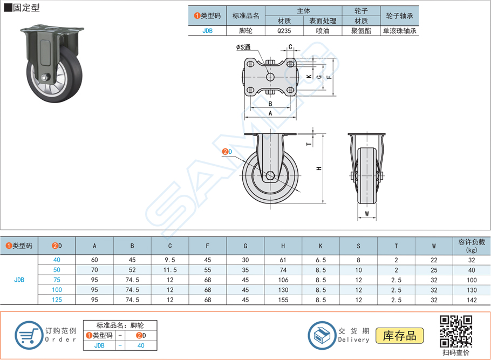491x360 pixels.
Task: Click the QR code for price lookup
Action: pyautogui.click(x=456, y=331)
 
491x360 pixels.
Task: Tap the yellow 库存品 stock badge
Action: pyautogui.click(x=400, y=336)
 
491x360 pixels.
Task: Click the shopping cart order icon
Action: pyautogui.click(x=29, y=335)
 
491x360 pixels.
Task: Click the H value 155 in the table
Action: pyautogui.click(x=283, y=300)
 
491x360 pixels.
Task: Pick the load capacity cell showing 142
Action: pyautogui.click(x=472, y=300)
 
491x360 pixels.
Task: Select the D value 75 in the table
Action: pyautogui.click(x=57, y=280)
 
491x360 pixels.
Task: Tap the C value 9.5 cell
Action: pyautogui.click(x=170, y=260)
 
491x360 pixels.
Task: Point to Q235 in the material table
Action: pyautogui.click(x=284, y=31)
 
